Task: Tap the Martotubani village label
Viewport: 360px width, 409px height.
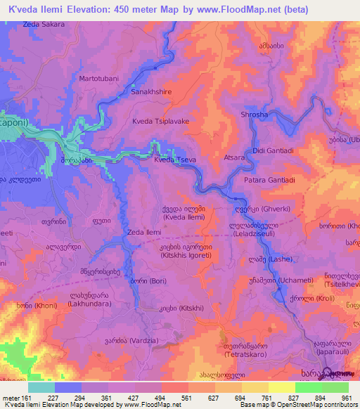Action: [99, 78]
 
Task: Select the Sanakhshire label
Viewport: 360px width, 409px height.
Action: [153, 91]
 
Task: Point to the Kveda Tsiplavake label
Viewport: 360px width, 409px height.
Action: [161, 121]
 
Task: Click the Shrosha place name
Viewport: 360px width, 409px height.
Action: [254, 115]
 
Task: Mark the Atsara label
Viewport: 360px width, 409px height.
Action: [233, 158]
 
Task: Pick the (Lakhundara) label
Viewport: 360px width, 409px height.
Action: [88, 306]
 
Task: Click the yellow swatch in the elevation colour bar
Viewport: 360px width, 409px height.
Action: [282, 387]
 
